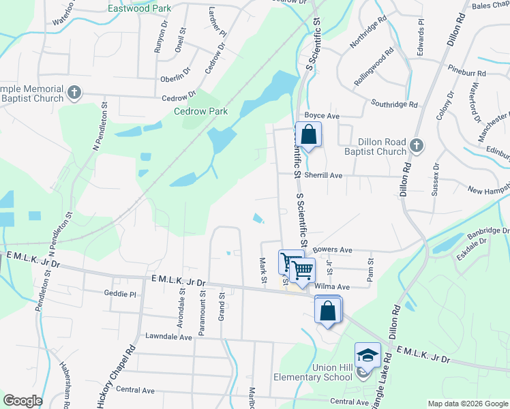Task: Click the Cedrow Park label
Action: tap(200, 111)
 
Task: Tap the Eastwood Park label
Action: tap(140, 9)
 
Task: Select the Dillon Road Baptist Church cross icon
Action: tap(417, 146)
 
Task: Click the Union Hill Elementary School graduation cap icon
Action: tap(367, 354)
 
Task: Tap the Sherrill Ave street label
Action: tap(323, 175)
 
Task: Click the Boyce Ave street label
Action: tap(322, 117)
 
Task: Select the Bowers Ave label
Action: tap(332, 250)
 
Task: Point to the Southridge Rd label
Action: tap(394, 104)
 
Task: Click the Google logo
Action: tap(22, 401)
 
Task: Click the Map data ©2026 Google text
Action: tap(467, 404)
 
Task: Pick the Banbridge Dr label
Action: tap(488, 232)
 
